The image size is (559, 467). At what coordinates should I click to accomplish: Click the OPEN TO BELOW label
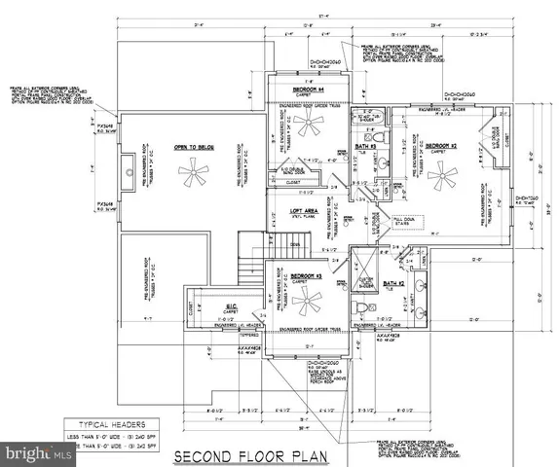point(193,147)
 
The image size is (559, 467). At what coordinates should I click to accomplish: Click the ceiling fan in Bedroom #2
point(443,178)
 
